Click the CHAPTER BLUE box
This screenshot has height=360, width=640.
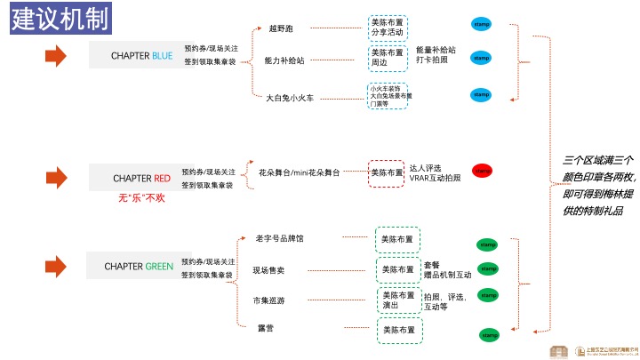pos(141,56)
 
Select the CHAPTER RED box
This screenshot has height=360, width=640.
pos(141,178)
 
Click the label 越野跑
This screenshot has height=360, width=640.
pos(279,28)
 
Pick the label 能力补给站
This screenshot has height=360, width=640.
pos(284,60)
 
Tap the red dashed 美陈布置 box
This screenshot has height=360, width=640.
pos(386,172)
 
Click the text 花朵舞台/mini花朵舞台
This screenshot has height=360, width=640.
pos(299,172)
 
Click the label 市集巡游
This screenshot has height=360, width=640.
pos(268,300)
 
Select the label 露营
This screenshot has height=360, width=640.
pos(265,329)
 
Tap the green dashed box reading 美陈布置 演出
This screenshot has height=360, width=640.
pos(397,300)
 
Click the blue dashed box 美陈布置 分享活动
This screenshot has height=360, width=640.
pos(387,28)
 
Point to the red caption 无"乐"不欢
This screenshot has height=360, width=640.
pos(142,197)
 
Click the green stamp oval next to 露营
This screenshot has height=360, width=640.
pos(488,335)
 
